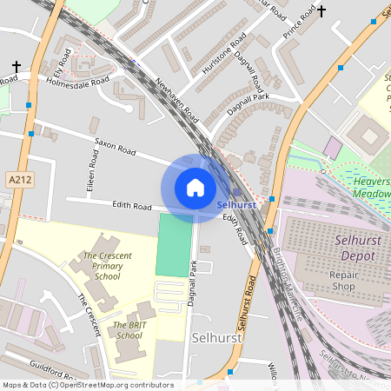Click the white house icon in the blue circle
(195, 187)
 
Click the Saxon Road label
(116, 145)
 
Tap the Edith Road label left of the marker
(132, 207)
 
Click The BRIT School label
(129, 330)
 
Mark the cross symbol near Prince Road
(322, 11)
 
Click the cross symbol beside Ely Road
(17, 66)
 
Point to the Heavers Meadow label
(372, 186)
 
